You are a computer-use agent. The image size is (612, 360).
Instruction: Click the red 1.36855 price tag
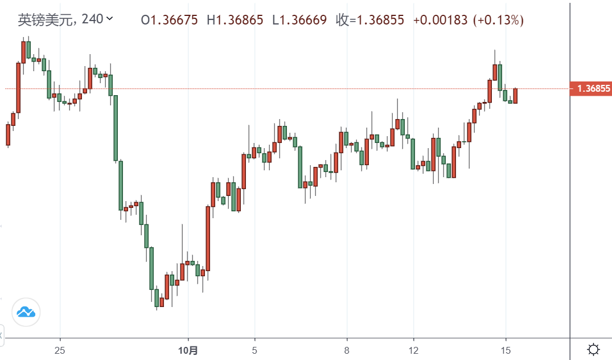point(590,88)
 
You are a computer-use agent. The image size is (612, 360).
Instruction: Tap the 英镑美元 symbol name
point(45,20)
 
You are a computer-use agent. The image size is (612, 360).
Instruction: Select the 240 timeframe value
point(92,19)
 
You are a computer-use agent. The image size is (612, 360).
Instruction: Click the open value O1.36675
point(170,21)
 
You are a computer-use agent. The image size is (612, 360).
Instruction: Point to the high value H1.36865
point(235,21)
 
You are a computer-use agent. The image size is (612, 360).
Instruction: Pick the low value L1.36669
point(299,21)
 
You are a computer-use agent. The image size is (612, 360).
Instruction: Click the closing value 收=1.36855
point(370,21)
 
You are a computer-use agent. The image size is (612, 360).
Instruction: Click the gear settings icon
point(593,349)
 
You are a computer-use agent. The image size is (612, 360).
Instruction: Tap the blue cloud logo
point(26,312)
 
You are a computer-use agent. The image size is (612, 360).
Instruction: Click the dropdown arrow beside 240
point(110,19)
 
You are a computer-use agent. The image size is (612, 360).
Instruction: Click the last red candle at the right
point(515,96)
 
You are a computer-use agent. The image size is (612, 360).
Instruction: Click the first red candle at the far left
point(8,134)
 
